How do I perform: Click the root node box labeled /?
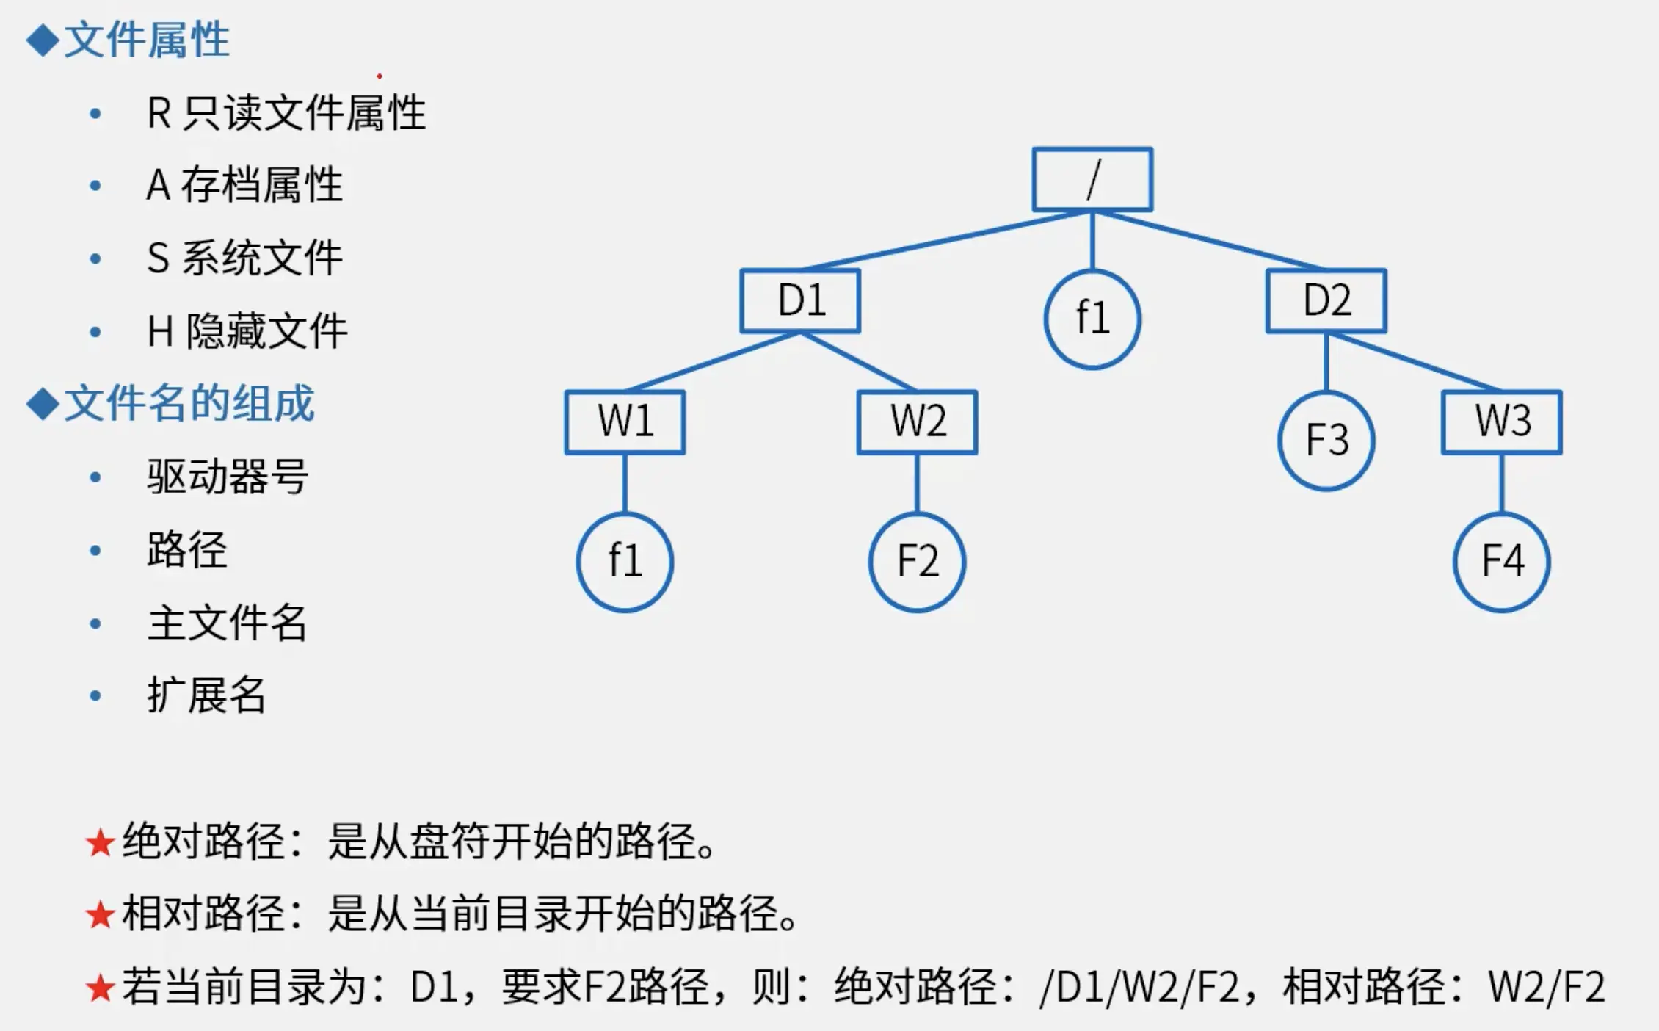coord(1092,180)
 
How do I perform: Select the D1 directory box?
coord(800,301)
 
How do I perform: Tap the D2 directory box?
coord(1326,301)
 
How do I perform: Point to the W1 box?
coord(625,422)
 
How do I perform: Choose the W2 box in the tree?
coord(917,422)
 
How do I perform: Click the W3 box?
coord(1501,422)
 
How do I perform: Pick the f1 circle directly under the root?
coord(1092,319)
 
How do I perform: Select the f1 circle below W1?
coord(625,562)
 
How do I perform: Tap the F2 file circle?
coord(917,562)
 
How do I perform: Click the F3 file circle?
coord(1326,441)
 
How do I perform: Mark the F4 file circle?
coord(1501,562)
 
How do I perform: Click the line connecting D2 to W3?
coord(1413,361)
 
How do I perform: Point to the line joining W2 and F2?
coord(917,483)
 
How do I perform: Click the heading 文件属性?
coord(146,40)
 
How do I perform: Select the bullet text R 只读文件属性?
coord(286,114)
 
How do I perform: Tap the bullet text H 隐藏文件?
coord(247,331)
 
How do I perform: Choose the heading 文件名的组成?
coord(189,403)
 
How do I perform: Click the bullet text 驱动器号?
coord(228,477)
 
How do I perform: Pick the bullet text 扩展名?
coord(206,695)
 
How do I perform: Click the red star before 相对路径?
coord(100,916)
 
